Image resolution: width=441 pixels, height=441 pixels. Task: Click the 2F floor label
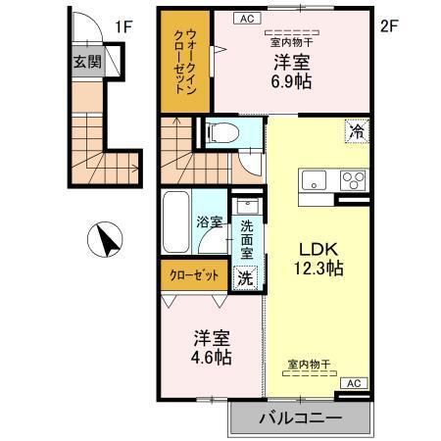tap(390, 26)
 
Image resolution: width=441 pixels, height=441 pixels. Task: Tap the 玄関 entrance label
tap(85, 61)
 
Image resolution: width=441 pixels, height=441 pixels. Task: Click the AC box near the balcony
tap(354, 383)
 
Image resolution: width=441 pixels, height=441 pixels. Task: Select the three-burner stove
tap(351, 180)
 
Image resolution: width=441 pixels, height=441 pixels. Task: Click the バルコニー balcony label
tap(301, 419)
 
